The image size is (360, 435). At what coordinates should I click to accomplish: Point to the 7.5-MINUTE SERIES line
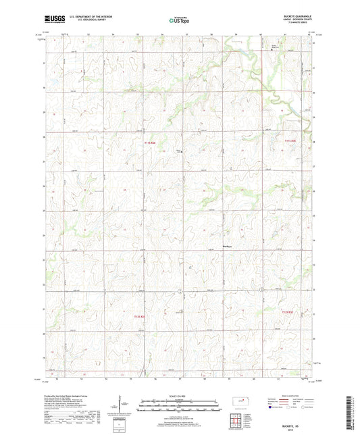[298, 25]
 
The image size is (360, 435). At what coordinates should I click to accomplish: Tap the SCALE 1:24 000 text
[180, 395]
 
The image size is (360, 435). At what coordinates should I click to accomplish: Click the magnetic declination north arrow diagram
[121, 407]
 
